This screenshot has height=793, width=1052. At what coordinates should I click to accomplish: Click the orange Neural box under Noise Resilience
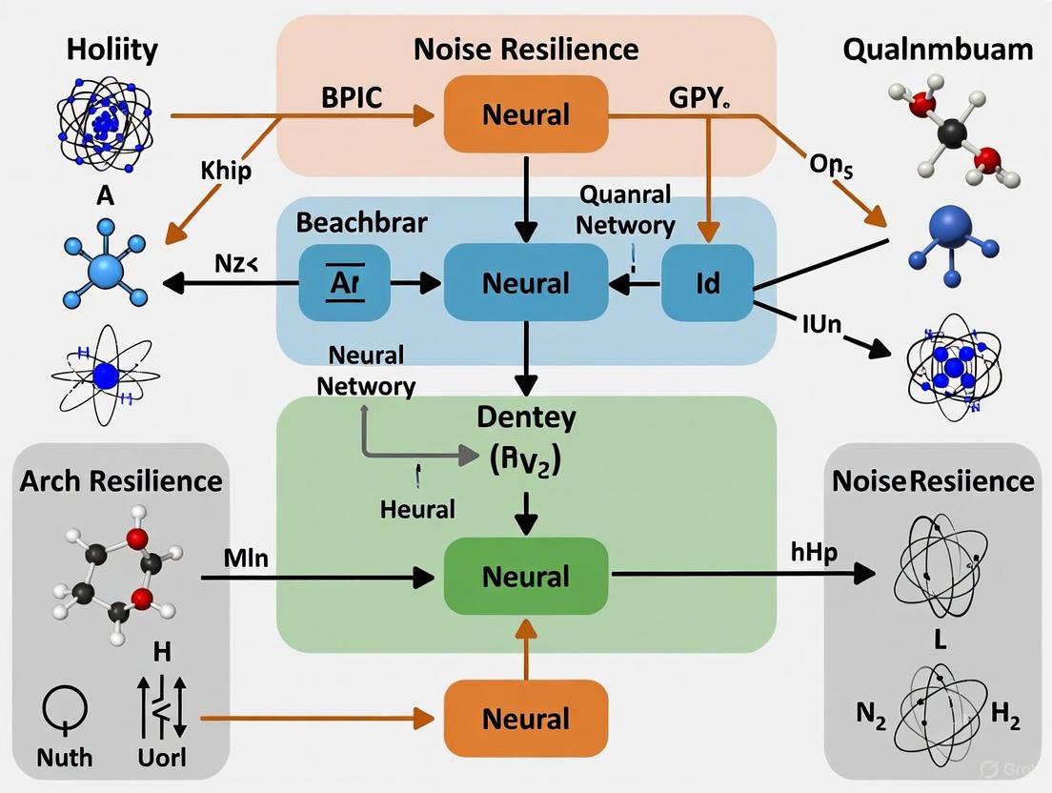[526, 114]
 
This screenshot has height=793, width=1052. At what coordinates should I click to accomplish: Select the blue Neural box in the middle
[526, 283]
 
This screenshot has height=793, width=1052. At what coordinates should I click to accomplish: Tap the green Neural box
[526, 576]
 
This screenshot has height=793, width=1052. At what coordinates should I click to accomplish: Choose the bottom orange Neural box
[526, 719]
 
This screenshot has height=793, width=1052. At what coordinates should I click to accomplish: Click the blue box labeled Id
[707, 283]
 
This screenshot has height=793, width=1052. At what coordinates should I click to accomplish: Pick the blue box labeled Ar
[344, 283]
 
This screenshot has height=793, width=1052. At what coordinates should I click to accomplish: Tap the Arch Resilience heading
[121, 479]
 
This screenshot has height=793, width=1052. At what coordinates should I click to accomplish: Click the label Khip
[226, 172]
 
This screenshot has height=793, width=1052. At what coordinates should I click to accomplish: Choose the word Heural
[417, 509]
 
